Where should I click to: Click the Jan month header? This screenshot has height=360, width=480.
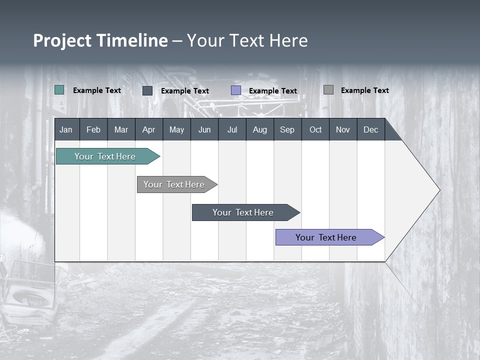click(66, 129)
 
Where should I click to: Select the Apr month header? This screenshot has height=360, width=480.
click(148, 129)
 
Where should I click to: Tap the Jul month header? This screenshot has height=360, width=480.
click(232, 129)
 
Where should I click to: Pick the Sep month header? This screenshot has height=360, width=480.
click(287, 129)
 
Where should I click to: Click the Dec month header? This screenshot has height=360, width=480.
click(370, 129)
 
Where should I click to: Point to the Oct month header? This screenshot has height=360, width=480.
click(315, 129)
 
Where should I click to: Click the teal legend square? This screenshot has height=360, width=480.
click(59, 90)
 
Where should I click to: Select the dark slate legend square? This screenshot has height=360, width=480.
click(147, 90)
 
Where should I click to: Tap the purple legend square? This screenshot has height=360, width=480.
click(236, 90)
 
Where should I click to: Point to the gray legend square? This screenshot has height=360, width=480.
click(328, 90)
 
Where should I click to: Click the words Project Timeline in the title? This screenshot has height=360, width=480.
click(100, 40)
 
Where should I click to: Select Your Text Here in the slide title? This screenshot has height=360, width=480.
click(247, 40)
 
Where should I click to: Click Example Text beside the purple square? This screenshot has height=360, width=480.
click(273, 91)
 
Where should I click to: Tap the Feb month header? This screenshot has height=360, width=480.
click(93, 129)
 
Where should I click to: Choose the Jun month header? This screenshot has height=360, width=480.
click(204, 129)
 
